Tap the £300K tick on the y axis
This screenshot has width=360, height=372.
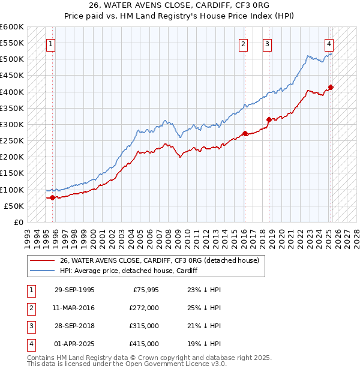pos(11,124)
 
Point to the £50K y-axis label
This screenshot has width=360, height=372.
pos(13,206)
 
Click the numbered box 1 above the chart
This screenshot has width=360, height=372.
pos(50,43)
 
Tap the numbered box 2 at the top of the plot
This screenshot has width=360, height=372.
pos(243,43)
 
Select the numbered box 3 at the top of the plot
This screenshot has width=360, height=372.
pos(267,43)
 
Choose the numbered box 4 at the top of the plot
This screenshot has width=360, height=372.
pos(329,43)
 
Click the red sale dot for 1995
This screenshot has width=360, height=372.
pos(53,197)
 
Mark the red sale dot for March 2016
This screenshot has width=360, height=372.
pos(245,133)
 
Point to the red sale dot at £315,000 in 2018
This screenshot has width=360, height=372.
pos(269,119)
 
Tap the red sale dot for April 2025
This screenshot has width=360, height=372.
pos(331,87)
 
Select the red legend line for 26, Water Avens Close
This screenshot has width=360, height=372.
pos(42,260)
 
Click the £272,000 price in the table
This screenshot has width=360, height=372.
pos(144,308)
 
